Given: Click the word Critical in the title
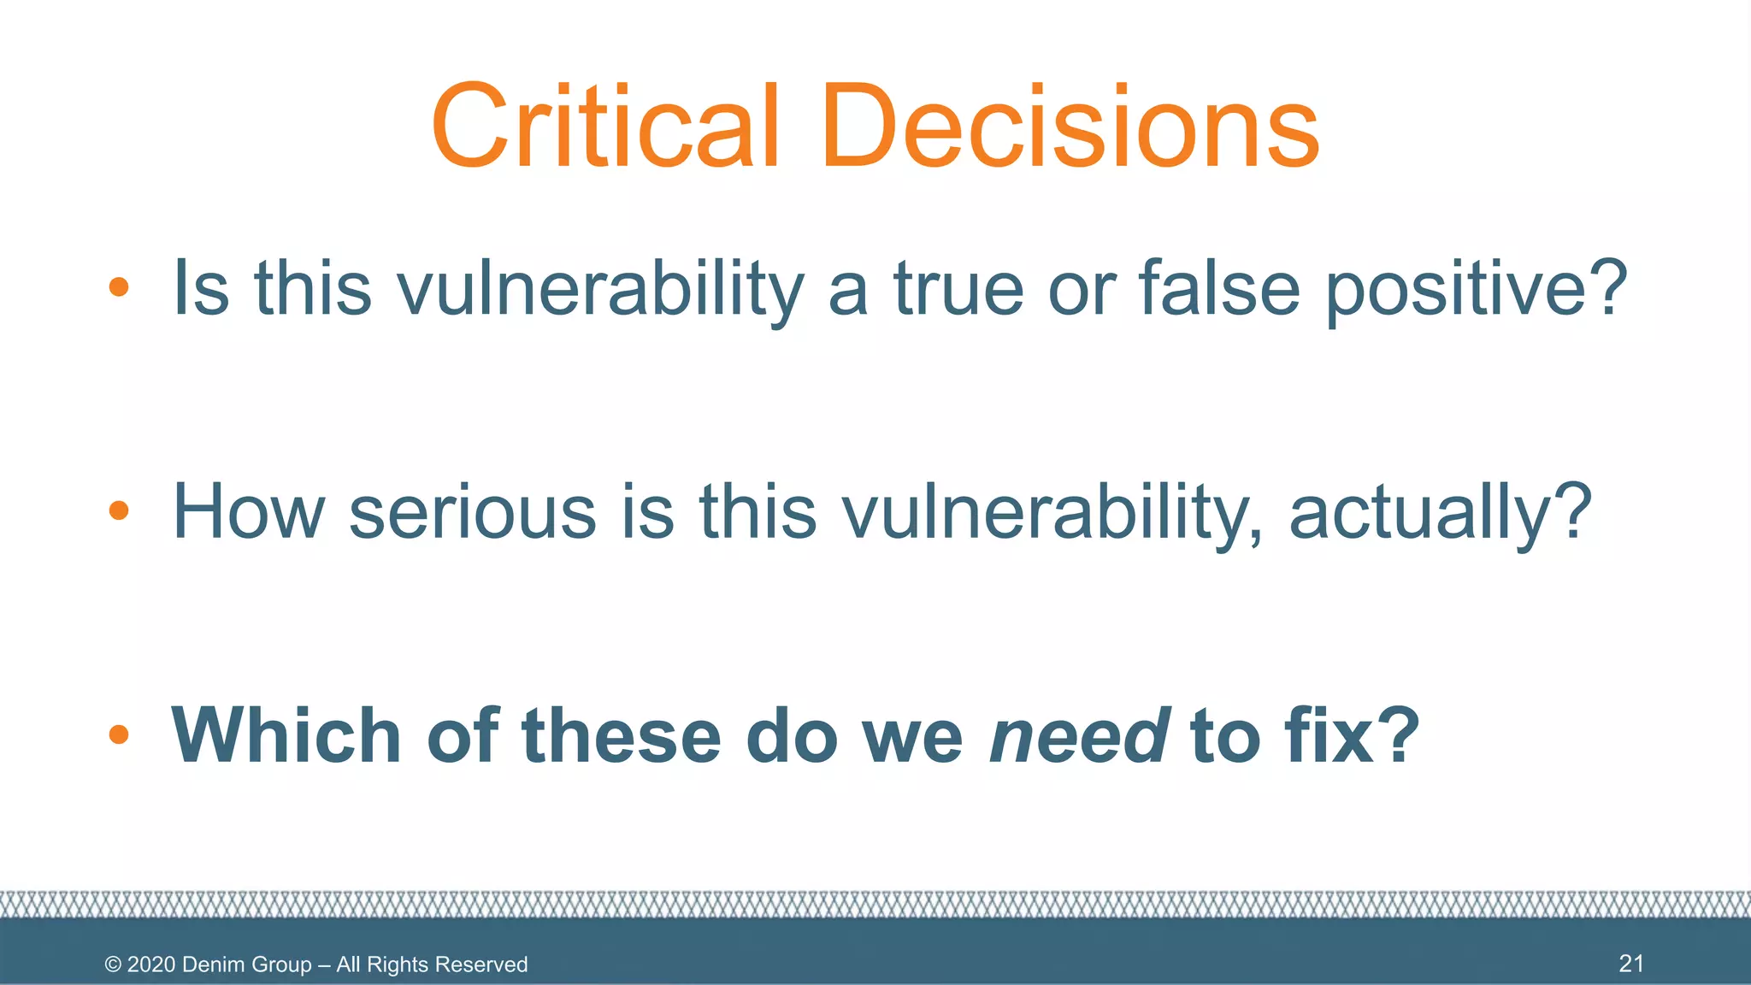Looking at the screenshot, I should point(605,127).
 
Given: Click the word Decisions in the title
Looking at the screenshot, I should point(1070,127).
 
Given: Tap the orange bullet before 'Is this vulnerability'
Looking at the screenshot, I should point(119,287).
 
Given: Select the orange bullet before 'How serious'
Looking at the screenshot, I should point(119,510).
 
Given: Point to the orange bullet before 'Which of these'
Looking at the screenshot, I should point(119,734).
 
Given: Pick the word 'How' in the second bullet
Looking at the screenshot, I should point(248,511).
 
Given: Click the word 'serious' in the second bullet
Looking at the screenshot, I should point(473,511).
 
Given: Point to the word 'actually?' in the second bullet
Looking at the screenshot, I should point(1440,511).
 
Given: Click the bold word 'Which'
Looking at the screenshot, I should point(286,734).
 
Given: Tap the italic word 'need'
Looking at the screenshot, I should point(1079,734).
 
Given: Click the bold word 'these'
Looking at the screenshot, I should point(622,734).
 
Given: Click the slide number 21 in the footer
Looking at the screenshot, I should point(1631,964).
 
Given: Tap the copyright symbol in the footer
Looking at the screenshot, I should point(113,964).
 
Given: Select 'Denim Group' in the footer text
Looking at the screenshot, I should point(247,964).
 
